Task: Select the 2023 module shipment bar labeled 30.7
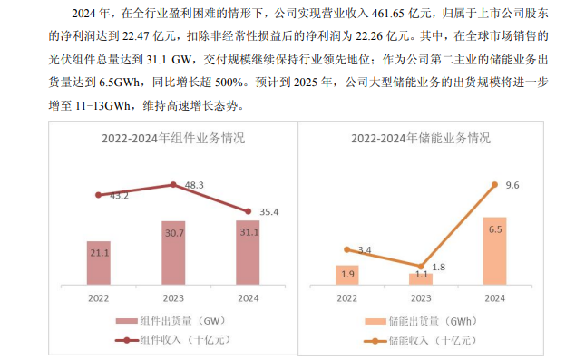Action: pos(173,251)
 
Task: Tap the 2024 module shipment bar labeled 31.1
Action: pos(248,251)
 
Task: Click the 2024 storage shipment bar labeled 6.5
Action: pos(494,250)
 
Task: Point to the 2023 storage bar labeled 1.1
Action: pos(420,278)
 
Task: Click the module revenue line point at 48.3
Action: pos(173,184)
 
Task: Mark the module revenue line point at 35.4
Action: pos(248,211)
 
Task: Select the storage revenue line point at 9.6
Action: pos(494,184)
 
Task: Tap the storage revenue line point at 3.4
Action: pos(346,248)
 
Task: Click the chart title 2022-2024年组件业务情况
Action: pos(171,139)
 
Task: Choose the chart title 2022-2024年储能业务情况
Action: pos(421,139)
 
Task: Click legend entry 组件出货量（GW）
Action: pos(171,321)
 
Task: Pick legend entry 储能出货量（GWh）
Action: pos(421,321)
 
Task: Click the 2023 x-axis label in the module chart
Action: pos(173,297)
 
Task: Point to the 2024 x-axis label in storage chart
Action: pos(494,297)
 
